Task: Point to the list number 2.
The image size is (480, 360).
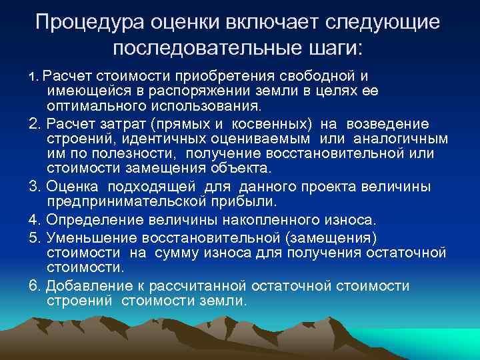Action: pos(34,125)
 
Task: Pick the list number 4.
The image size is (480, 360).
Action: pos(34,219)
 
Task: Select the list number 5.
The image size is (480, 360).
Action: pos(34,237)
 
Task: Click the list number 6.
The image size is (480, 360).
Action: pos(34,285)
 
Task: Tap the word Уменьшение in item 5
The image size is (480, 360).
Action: pos(87,237)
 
